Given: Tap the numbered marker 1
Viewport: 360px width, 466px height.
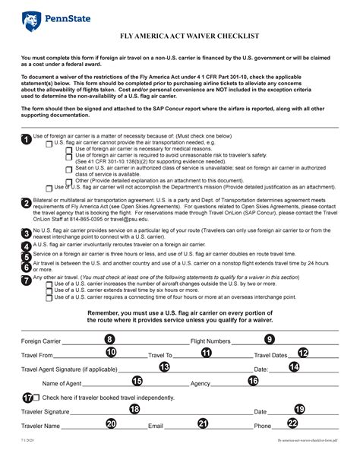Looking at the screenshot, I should click(27, 139).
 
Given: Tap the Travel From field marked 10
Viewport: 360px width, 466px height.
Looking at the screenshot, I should click(111, 353).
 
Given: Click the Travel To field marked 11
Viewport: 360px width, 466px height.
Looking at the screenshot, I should click(206, 353).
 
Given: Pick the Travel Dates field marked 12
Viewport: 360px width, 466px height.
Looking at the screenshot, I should click(302, 353).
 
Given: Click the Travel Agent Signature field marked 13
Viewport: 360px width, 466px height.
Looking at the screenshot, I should click(164, 366).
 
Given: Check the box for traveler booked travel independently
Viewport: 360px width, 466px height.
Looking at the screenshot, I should click(37, 397).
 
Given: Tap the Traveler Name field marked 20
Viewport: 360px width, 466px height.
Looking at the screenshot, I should click(111, 423).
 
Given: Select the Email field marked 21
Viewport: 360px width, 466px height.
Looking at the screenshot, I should click(202, 423).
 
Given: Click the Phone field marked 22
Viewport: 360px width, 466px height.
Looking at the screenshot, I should click(292, 423).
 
